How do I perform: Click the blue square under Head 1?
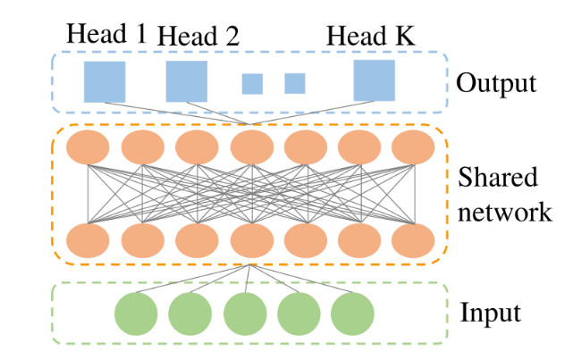click(x=105, y=81)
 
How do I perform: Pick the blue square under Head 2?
click(x=187, y=81)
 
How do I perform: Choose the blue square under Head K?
click(x=374, y=81)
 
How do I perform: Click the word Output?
click(x=495, y=84)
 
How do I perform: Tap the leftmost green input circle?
click(x=136, y=314)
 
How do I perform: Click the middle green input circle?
click(x=244, y=314)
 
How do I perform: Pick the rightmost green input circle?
click(x=352, y=314)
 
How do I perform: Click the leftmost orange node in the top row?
click(x=87, y=147)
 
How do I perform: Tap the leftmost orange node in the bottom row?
click(x=87, y=239)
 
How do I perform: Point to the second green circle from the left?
click(x=190, y=314)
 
